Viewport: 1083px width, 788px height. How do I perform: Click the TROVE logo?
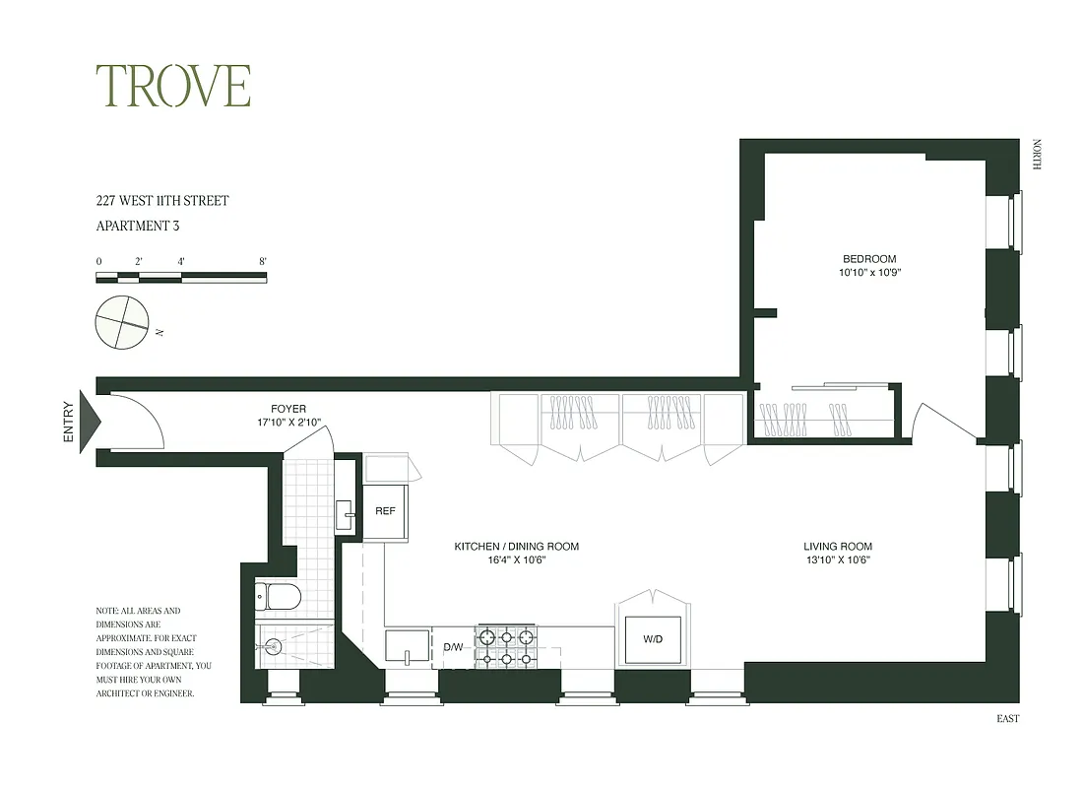(172, 87)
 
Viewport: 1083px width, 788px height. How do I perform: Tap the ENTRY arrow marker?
(90, 421)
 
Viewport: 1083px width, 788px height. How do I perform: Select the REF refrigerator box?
(385, 512)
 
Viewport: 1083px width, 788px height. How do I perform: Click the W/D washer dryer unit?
(653, 639)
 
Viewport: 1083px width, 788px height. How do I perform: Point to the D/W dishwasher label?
(453, 647)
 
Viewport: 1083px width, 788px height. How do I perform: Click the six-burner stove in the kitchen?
(506, 646)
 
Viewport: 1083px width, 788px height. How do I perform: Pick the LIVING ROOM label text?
(837, 547)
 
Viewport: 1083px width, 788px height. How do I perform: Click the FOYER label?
(288, 409)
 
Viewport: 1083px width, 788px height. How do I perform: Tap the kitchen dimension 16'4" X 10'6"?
(516, 560)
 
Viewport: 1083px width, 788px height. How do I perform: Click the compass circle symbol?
(122, 321)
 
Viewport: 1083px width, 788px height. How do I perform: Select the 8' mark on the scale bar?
(263, 261)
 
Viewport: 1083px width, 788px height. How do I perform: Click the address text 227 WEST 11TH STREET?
(162, 201)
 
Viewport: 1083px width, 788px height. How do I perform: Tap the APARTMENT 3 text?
(138, 226)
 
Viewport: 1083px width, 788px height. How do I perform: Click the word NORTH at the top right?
(1035, 155)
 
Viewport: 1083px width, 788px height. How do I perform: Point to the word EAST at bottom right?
(1007, 719)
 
